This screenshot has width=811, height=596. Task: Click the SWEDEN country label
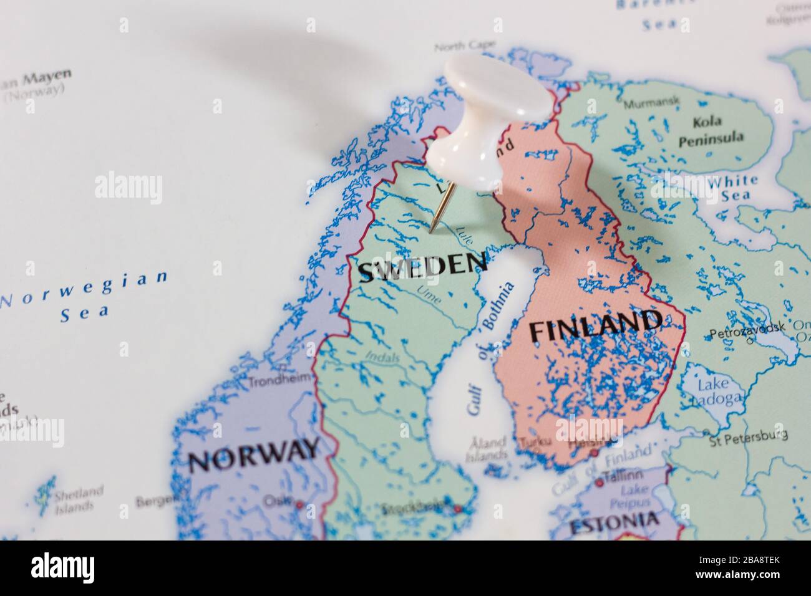pyautogui.click(x=423, y=267)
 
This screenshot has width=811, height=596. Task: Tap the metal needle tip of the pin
pyautogui.click(x=430, y=231)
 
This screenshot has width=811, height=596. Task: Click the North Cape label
pyautogui.click(x=464, y=46)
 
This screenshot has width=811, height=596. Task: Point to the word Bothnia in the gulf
pyautogui.click(x=498, y=305)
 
